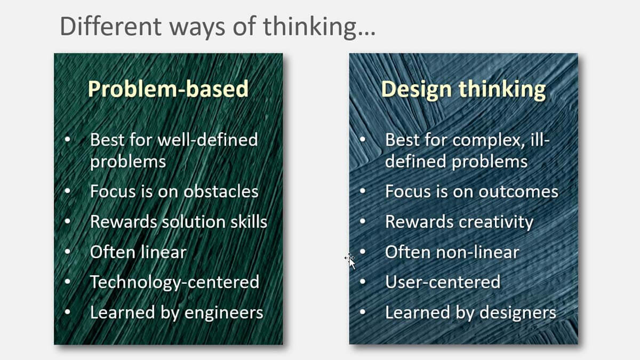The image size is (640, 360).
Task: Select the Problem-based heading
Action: tap(169, 89)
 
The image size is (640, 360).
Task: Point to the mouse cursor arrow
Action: tap(350, 261)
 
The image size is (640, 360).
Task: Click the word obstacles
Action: tap(221, 191)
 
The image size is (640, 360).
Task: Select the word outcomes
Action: tap(518, 191)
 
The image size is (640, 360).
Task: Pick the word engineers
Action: tap(223, 313)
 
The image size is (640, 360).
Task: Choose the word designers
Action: tap(518, 313)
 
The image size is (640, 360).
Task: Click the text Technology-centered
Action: tap(174, 282)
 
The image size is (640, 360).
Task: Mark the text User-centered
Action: tap(443, 282)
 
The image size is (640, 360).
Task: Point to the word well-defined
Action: tap(207, 140)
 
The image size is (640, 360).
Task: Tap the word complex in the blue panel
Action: tap(489, 141)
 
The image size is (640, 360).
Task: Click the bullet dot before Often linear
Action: tap(67, 251)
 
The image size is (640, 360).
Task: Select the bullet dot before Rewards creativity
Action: tap(363, 221)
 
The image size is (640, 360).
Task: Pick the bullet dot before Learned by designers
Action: tap(363, 311)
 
